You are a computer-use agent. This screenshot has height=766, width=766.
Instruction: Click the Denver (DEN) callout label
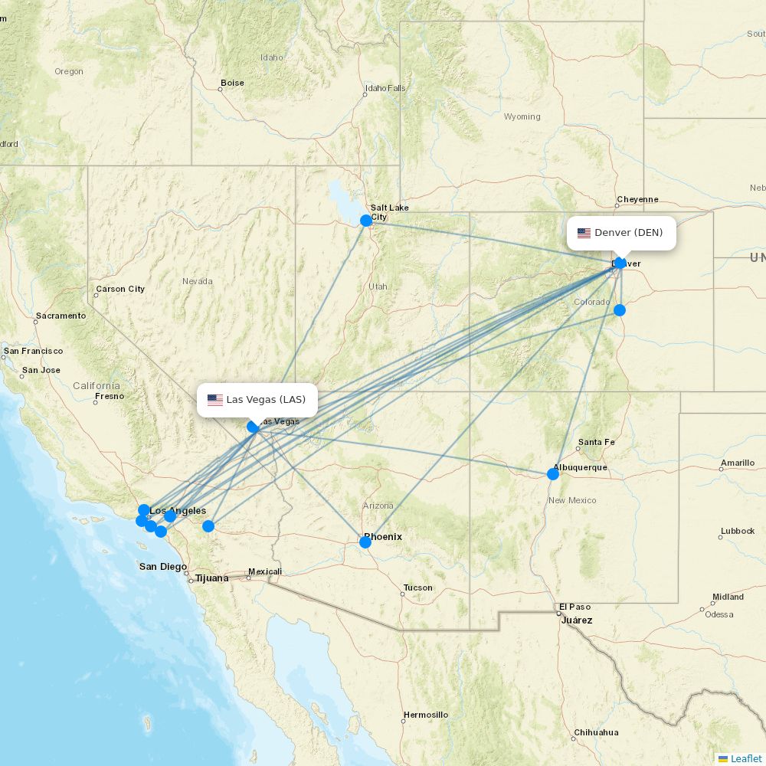[x=621, y=233]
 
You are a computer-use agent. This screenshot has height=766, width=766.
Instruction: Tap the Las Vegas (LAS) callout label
[x=257, y=400]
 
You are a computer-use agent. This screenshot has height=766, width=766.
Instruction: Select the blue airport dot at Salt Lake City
[x=366, y=221]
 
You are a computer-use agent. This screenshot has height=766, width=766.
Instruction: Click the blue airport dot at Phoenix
[x=365, y=542]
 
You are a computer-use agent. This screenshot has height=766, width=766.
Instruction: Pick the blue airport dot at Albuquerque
[x=553, y=474]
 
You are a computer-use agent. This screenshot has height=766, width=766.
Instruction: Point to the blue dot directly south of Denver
[x=620, y=310]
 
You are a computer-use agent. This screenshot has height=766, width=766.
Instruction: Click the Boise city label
[x=232, y=83]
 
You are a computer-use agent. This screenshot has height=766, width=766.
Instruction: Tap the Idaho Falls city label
[x=385, y=88]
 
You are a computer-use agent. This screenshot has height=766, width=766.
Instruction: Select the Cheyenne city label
[x=637, y=199]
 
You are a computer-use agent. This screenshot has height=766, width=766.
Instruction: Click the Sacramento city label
[x=61, y=316]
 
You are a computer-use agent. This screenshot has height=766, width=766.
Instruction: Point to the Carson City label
[x=119, y=290]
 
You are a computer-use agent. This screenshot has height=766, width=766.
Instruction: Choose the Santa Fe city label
[x=596, y=442]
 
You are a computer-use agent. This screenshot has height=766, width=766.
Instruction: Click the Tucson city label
[x=417, y=588]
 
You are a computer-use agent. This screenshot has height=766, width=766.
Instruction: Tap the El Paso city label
[x=574, y=607]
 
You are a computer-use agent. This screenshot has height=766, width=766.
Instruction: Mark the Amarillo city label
[x=737, y=463]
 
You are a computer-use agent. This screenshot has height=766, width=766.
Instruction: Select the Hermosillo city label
[x=426, y=715]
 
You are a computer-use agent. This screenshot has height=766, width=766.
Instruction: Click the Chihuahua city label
[x=596, y=732]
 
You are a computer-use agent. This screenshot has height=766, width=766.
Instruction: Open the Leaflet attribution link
[x=745, y=758]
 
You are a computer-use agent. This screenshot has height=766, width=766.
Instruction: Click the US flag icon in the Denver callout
[x=584, y=233]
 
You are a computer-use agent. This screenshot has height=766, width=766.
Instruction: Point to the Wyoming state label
[x=522, y=117]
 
